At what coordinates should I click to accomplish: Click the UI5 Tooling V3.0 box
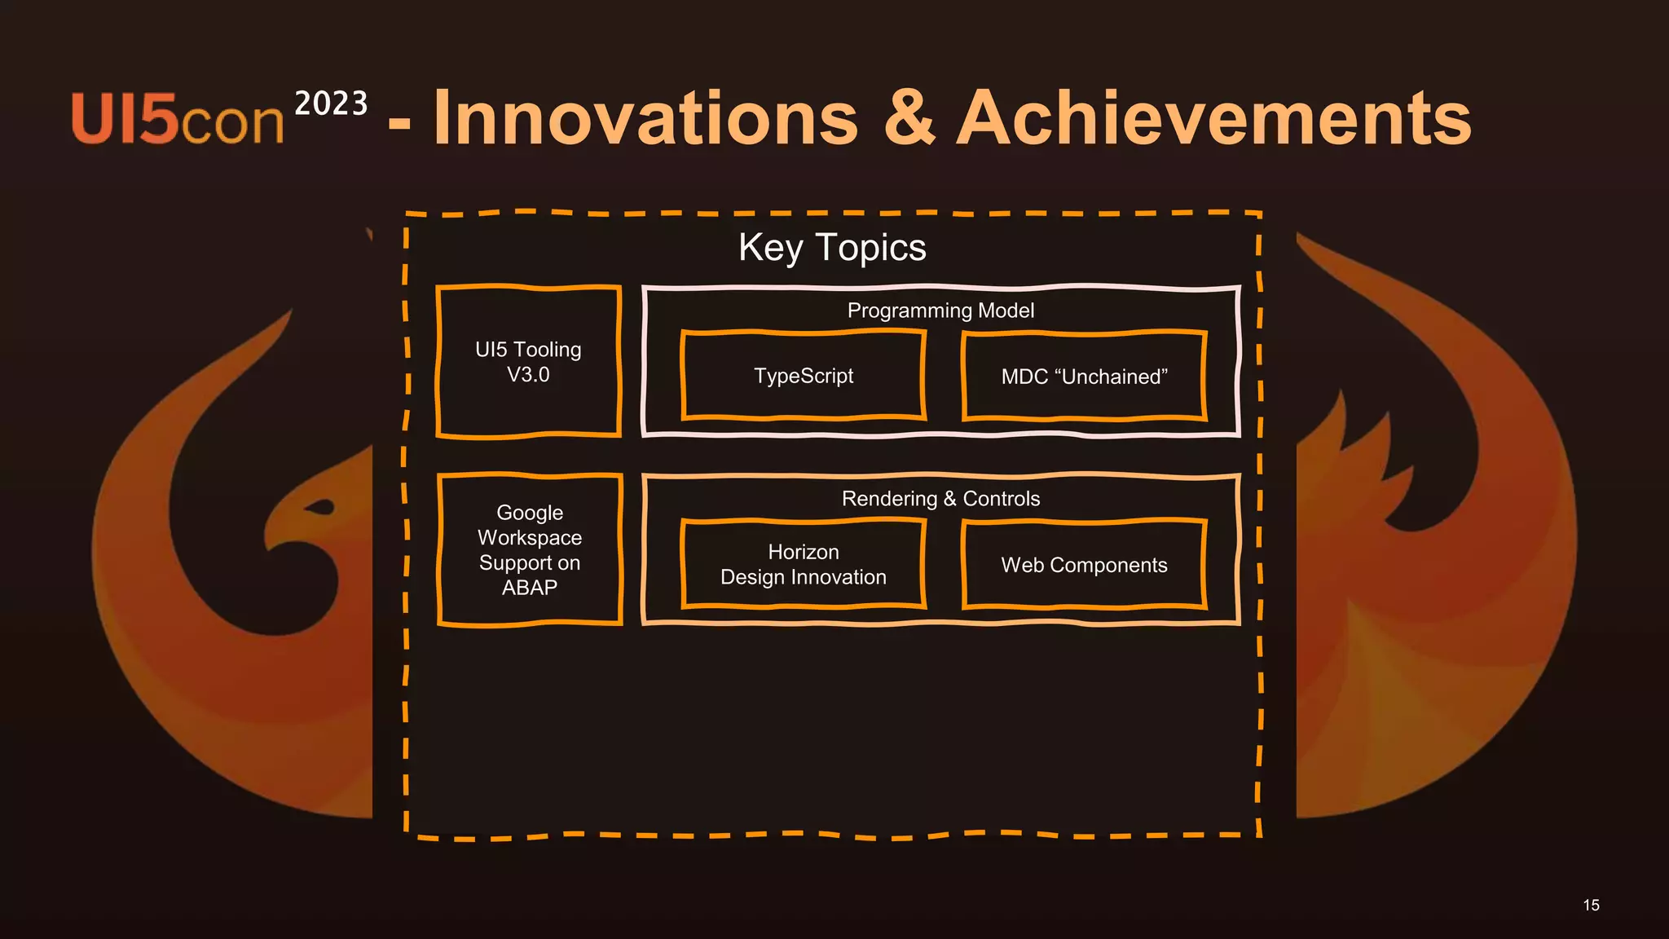[x=529, y=362]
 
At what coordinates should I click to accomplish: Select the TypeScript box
[x=804, y=376]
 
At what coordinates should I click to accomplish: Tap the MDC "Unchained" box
[x=1084, y=377]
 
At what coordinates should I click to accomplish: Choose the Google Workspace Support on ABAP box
[x=530, y=550]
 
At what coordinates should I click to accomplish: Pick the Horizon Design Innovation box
[x=804, y=564]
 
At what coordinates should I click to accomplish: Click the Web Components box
[x=1084, y=565]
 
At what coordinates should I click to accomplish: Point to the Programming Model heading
[x=940, y=311]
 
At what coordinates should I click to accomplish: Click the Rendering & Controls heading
[x=940, y=499]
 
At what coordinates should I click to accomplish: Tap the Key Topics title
[x=832, y=248]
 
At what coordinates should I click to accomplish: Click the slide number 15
[x=1591, y=905]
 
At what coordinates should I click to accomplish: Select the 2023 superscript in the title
[x=331, y=104]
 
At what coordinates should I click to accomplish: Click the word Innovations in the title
[x=645, y=119]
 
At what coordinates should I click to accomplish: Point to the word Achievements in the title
[x=1214, y=119]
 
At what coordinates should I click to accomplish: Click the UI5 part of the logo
[x=124, y=119]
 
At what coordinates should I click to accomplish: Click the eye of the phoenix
[x=320, y=508]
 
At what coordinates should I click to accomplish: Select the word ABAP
[x=530, y=588]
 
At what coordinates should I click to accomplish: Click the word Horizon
[x=804, y=552]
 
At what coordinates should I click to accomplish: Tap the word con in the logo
[x=231, y=124]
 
